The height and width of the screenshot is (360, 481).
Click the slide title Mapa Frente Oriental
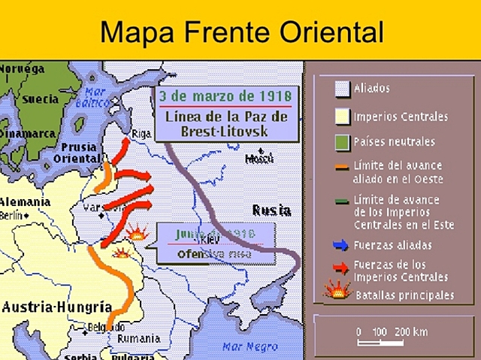[241, 32]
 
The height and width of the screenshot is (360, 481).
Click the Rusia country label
[271, 210]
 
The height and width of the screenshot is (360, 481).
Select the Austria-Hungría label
[57, 307]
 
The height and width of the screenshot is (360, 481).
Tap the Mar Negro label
[246, 346]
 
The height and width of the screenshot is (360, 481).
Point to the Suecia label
[40, 98]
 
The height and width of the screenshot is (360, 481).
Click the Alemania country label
[26, 202]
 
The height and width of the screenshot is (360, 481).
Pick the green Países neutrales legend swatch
[342, 141]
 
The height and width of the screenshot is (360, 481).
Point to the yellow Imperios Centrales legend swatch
[342, 116]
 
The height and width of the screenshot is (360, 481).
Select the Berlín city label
[13, 215]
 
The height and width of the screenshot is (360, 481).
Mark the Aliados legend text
[371, 89]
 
